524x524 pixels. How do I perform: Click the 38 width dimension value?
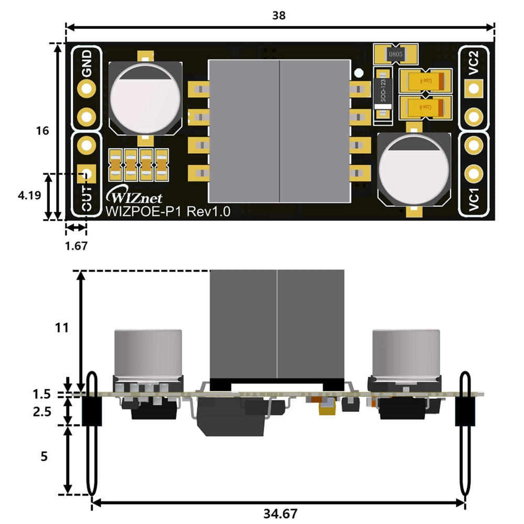click(279, 15)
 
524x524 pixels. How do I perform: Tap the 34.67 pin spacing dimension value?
click(283, 514)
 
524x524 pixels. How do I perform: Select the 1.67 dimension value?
click(76, 245)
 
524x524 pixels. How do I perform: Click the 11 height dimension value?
click(62, 328)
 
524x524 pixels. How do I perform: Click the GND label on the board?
click(87, 63)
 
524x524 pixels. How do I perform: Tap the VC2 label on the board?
click(474, 63)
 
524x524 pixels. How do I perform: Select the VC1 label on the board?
click(474, 199)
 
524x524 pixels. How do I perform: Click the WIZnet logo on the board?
click(134, 198)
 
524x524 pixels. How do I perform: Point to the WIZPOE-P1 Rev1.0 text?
click(168, 211)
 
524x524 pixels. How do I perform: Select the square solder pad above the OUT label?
click(86, 171)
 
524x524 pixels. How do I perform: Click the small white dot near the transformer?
click(359, 73)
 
